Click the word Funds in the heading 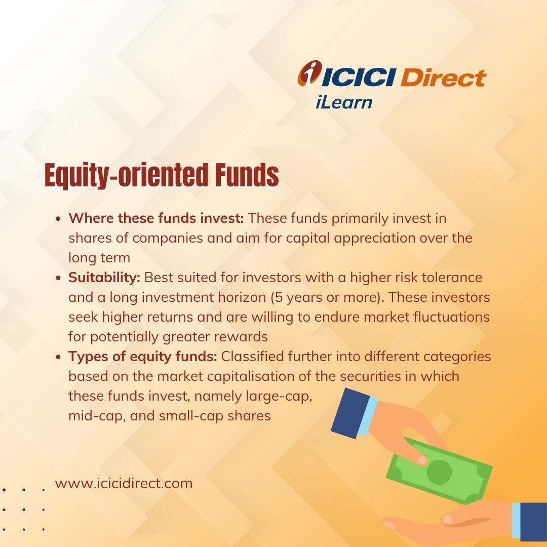click(x=247, y=175)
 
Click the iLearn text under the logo click(x=343, y=102)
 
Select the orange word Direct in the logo click(x=443, y=77)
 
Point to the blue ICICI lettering click(x=358, y=77)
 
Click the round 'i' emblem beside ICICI click(x=309, y=72)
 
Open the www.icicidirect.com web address click(x=124, y=484)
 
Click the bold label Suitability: click(x=104, y=278)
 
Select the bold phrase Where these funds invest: click(x=156, y=218)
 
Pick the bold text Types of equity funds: click(x=143, y=357)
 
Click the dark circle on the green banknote click(x=439, y=472)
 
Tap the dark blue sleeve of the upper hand click(x=350, y=413)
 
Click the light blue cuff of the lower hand click(x=516, y=520)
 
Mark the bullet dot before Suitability click(x=58, y=278)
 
